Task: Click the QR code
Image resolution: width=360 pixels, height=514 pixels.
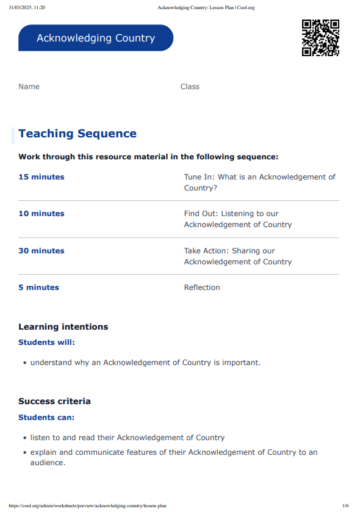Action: click(320, 38)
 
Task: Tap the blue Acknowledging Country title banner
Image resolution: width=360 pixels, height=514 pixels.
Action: click(96, 38)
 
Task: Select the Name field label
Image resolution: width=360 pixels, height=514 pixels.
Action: click(29, 87)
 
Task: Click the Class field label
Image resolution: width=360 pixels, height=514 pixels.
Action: click(190, 87)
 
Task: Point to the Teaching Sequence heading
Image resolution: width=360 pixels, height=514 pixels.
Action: click(77, 134)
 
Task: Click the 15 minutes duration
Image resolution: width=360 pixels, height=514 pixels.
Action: click(41, 177)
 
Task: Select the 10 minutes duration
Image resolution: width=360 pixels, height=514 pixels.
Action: click(41, 214)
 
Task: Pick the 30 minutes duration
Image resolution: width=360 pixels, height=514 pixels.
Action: click(41, 251)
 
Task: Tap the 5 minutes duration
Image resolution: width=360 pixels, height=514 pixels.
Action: click(38, 288)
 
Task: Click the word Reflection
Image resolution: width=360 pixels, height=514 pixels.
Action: click(202, 288)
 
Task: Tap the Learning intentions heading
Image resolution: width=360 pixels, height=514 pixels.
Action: click(63, 327)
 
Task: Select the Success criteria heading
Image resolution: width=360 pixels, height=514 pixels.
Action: click(54, 401)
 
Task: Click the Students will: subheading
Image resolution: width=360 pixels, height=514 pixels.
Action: click(46, 342)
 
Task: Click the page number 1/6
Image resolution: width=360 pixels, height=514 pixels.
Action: click(345, 505)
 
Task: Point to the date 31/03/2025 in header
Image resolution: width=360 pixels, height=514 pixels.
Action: click(23, 7)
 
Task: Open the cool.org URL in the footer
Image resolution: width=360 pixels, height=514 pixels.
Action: click(87, 505)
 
